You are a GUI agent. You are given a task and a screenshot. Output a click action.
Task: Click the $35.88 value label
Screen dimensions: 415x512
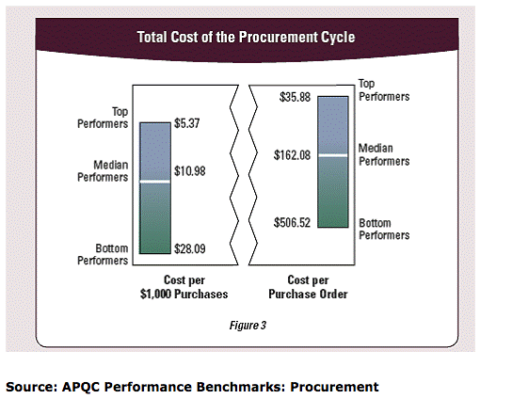pyautogui.click(x=296, y=97)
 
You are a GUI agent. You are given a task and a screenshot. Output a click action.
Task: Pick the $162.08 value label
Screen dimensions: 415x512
pyautogui.click(x=294, y=155)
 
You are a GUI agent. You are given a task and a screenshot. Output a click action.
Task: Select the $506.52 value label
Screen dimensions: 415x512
pyautogui.click(x=294, y=223)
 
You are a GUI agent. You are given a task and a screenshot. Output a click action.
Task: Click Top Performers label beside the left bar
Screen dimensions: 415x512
pyautogui.click(x=104, y=118)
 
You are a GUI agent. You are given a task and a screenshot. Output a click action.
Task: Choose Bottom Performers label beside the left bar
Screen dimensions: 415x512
pyautogui.click(x=104, y=254)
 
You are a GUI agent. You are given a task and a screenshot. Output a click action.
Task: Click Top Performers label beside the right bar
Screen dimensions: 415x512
pyautogui.click(x=385, y=91)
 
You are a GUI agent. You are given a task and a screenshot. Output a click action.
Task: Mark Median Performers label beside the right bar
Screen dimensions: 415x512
pyautogui.click(x=385, y=155)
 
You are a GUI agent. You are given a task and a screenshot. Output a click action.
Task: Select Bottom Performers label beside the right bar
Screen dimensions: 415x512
pyautogui.click(x=385, y=229)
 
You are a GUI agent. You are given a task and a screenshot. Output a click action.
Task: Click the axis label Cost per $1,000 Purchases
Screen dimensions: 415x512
pyautogui.click(x=184, y=287)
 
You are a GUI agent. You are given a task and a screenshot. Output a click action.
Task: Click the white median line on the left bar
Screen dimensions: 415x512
pyautogui.click(x=155, y=182)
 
